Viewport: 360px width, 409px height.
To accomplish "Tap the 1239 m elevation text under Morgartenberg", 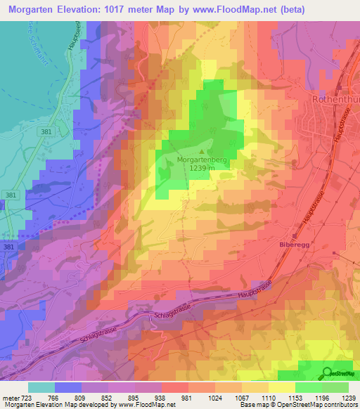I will click(202, 169).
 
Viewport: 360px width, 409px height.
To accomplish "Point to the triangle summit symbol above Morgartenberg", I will click(202, 150).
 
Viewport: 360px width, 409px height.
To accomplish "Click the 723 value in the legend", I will click(25, 398).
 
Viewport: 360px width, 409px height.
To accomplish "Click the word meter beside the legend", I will click(10, 398).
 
